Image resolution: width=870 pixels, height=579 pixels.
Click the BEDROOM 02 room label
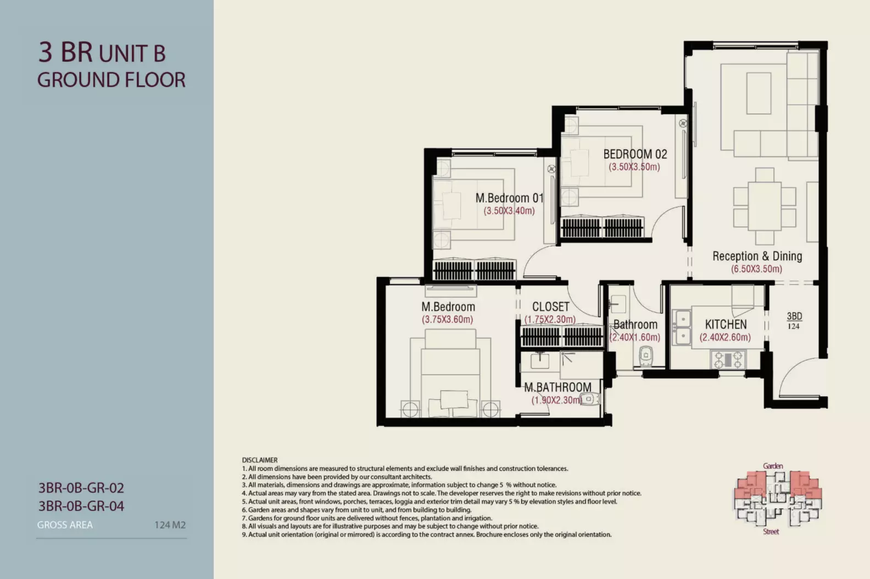tap(635, 154)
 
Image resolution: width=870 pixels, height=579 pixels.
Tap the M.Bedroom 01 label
tap(509, 198)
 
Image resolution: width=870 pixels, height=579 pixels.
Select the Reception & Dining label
tap(757, 256)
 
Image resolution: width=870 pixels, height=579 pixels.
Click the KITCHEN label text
tap(726, 324)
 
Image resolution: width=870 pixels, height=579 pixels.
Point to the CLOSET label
tap(551, 307)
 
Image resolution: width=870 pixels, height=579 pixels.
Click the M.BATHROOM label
tap(557, 387)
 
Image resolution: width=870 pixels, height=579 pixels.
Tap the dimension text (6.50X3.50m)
tap(757, 269)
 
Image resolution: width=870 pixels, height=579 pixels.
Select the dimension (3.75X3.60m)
tap(448, 320)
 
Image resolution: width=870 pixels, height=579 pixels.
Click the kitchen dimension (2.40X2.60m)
tap(725, 337)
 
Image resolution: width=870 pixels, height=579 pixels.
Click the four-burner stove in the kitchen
tap(728, 360)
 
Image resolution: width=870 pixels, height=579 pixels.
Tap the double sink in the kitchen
tap(682, 327)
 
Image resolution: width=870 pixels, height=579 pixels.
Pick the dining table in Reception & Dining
tap(765, 206)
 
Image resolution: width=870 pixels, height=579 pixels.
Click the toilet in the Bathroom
tap(645, 356)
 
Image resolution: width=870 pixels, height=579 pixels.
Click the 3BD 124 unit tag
tap(794, 321)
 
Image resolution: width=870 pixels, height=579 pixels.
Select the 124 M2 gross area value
tap(170, 525)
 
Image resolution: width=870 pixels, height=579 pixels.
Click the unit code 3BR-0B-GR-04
tap(81, 506)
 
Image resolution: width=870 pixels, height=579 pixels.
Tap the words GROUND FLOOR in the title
tap(111, 80)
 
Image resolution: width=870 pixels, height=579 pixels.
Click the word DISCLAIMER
tap(260, 460)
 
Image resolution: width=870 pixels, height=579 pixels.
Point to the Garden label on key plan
tap(773, 466)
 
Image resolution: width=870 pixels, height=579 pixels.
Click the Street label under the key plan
tap(771, 532)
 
